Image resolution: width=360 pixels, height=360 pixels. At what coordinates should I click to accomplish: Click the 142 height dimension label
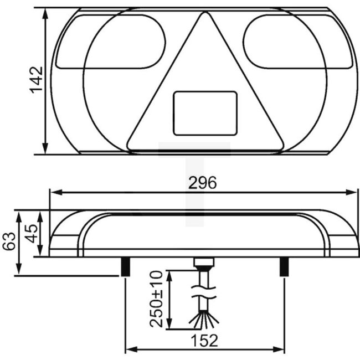[37, 80]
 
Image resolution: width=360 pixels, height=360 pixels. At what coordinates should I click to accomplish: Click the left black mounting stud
[126, 266]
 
